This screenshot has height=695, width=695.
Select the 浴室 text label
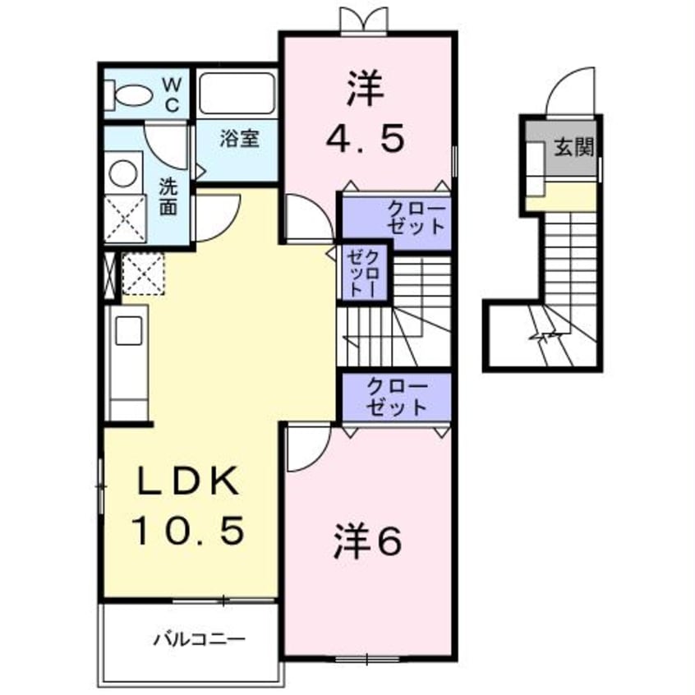[x=239, y=138]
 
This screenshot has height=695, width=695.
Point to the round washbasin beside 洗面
[x=123, y=174]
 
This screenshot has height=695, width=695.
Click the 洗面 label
[x=168, y=196]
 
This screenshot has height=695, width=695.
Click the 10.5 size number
[x=189, y=532]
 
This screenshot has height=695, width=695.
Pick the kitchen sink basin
[x=130, y=331]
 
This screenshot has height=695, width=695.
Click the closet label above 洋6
[x=397, y=396]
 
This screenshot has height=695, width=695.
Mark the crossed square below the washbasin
[x=125, y=219]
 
